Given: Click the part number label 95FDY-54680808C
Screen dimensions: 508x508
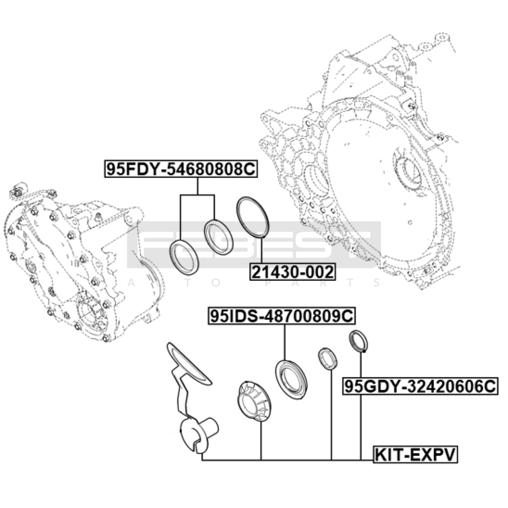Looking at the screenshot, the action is (181, 169).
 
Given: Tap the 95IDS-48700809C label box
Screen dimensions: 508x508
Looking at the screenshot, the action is (282, 316).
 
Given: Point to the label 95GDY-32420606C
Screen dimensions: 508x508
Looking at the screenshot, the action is (420, 386).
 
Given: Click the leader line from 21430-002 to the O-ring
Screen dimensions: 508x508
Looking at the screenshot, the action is (262, 250).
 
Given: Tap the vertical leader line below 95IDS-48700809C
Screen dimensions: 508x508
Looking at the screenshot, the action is (284, 342).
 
